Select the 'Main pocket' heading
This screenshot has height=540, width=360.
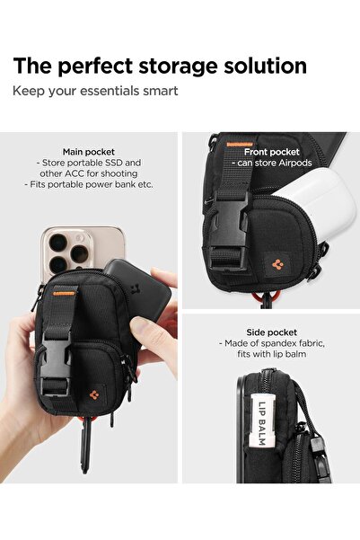[88, 152]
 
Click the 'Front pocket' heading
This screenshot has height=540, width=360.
[271, 152]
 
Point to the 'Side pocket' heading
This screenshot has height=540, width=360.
[271, 332]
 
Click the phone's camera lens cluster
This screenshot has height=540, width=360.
[63, 249]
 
